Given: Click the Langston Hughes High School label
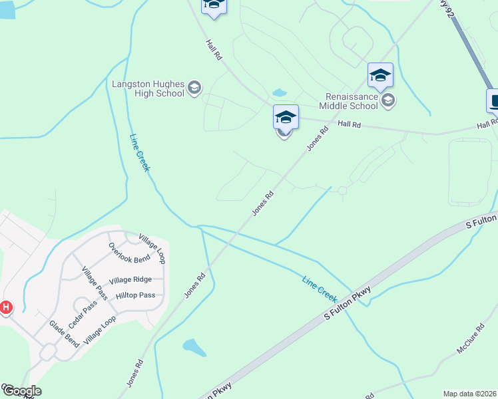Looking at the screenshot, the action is (148, 88).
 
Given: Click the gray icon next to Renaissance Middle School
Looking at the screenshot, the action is (389, 100).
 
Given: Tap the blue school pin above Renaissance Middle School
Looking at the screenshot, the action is (380, 76).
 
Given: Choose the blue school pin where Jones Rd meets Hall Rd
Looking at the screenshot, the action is (286, 118).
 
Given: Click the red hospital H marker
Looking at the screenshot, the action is (6, 308).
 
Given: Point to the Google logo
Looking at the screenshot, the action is (21, 391).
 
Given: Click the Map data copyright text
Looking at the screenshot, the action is (469, 393).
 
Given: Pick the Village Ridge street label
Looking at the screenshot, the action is (130, 280).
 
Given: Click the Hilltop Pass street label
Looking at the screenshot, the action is (135, 295).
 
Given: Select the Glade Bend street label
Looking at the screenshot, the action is (64, 333).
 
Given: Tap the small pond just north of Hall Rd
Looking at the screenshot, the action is (280, 92).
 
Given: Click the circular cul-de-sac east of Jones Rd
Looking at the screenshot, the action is (342, 191).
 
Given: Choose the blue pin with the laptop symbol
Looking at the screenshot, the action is (494, 101).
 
